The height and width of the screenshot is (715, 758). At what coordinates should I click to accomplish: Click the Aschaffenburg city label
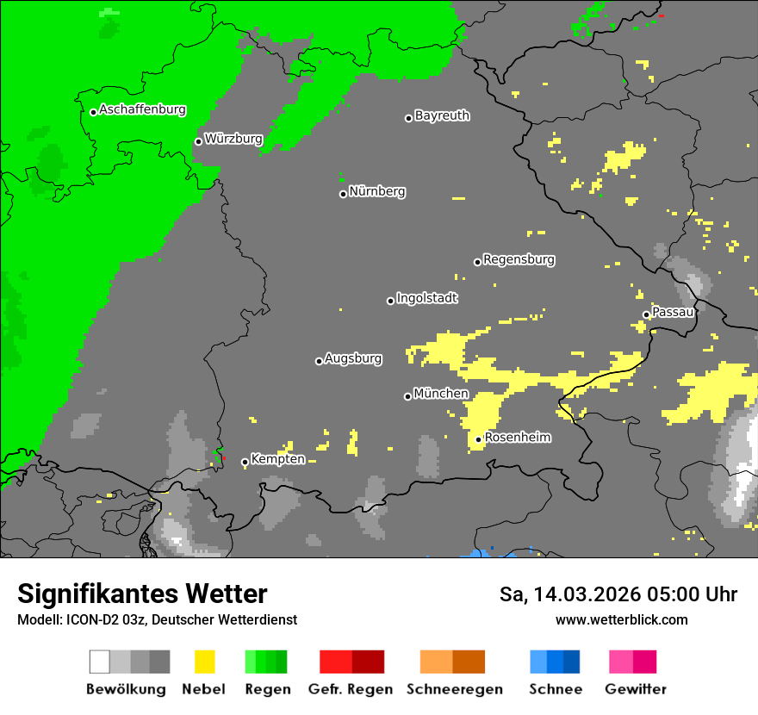tap(142, 109)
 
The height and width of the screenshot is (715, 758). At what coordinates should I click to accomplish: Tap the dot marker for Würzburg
tap(198, 141)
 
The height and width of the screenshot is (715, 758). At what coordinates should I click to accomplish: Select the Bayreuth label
tap(442, 115)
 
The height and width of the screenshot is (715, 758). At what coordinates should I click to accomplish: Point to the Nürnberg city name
tap(377, 191)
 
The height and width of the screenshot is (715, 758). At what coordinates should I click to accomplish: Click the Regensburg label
tap(519, 259)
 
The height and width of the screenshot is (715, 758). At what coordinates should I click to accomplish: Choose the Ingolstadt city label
tap(427, 298)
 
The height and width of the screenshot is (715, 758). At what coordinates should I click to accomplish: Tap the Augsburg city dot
tap(319, 361)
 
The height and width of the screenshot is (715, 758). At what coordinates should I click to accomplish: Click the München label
tap(441, 394)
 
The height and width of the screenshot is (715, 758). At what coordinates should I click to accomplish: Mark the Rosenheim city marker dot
tap(479, 440)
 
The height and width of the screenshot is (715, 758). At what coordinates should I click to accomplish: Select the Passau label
tap(673, 312)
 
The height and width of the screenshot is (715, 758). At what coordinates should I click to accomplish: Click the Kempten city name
tap(277, 459)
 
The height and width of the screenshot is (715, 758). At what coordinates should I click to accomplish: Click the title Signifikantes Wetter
tap(142, 594)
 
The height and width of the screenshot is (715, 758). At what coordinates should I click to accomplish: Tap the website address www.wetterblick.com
tap(621, 619)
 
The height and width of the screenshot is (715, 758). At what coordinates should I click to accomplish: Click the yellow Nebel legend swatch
tap(204, 662)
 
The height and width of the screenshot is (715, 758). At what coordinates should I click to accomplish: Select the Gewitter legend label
tap(636, 689)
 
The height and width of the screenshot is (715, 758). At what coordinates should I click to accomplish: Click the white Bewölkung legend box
tap(100, 662)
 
